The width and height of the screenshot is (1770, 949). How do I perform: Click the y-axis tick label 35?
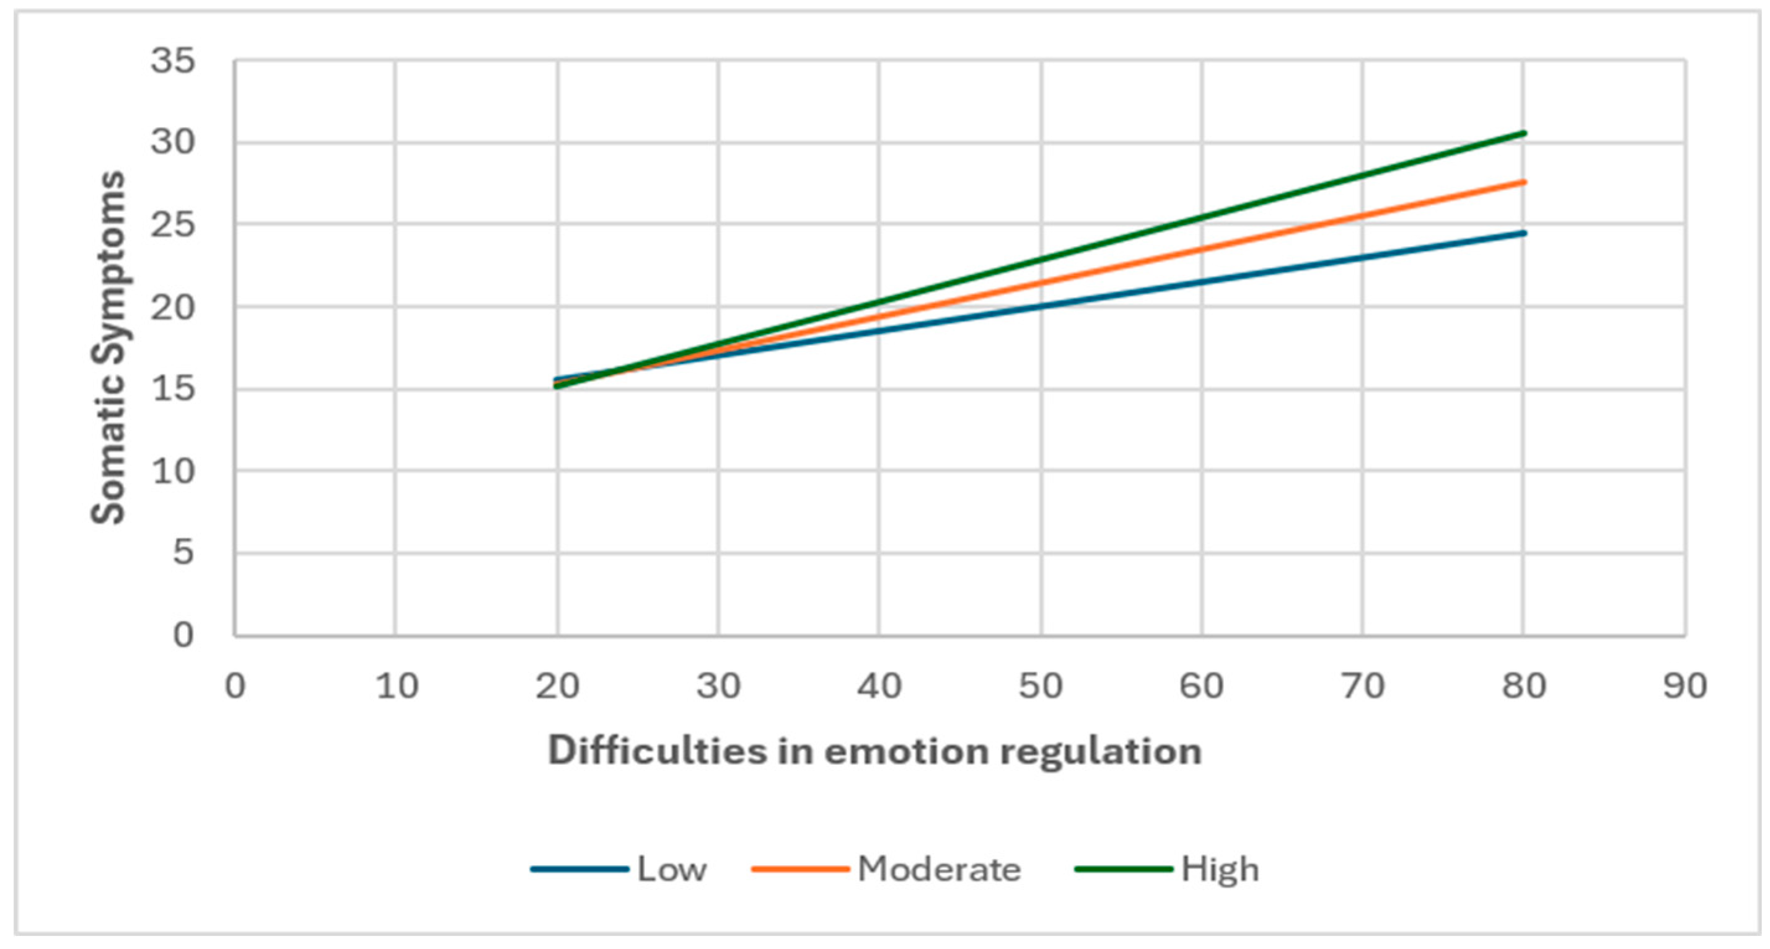(x=173, y=61)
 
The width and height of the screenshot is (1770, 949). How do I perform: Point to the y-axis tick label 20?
(x=173, y=307)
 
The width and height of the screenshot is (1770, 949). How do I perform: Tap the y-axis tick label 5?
(x=183, y=552)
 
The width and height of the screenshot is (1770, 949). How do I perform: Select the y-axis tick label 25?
(x=173, y=225)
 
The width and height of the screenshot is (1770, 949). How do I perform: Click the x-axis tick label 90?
(x=1685, y=686)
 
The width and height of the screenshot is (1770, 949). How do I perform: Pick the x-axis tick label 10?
(x=397, y=686)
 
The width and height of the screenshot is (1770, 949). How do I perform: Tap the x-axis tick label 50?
(x=1041, y=686)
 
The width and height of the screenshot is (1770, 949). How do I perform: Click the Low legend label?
(x=672, y=869)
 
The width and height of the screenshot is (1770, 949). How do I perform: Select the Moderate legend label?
(x=940, y=869)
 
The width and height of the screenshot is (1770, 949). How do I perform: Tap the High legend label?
(x=1220, y=869)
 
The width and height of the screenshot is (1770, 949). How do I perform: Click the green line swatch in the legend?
(x=1124, y=869)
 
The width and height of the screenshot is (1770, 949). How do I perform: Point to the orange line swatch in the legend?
(x=801, y=869)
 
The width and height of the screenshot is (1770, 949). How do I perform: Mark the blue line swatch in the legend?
(x=580, y=869)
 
